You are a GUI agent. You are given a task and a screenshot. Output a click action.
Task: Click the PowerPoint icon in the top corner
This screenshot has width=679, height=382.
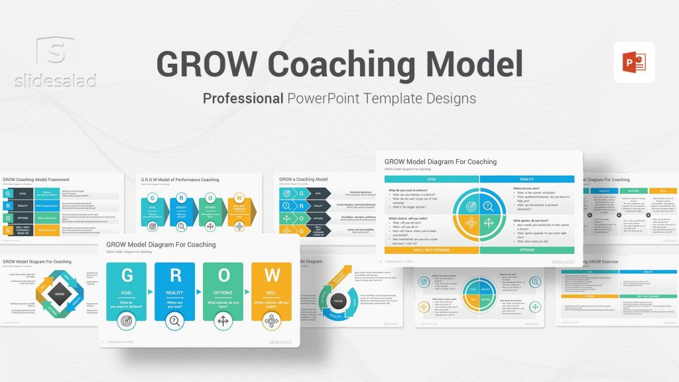[x=634, y=62]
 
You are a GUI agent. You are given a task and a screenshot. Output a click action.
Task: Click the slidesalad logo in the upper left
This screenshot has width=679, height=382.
[x=56, y=63]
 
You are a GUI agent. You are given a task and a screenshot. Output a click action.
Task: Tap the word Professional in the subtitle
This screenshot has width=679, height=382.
[x=243, y=98]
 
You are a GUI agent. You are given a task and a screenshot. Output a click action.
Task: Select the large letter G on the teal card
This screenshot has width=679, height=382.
[x=127, y=275]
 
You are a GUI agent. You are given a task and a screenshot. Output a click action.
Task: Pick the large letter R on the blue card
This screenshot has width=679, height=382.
[x=175, y=275]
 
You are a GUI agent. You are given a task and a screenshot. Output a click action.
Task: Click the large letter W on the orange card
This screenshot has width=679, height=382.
[x=271, y=275]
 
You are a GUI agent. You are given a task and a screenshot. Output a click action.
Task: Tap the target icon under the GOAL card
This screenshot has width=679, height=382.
[x=127, y=322]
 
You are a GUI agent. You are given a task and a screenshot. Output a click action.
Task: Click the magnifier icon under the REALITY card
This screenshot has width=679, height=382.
[x=175, y=322]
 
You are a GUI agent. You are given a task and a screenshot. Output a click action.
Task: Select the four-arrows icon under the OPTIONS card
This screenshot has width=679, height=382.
[x=223, y=322]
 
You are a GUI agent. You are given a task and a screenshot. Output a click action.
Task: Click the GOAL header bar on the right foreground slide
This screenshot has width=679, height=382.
[x=432, y=179]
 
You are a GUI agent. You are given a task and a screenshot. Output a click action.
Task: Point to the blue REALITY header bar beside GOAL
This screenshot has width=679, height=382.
[x=527, y=179]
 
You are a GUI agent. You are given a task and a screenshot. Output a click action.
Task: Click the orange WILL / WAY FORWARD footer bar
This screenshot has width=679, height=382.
[x=432, y=250]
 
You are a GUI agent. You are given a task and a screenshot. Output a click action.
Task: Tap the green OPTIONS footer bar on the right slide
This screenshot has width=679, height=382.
[x=527, y=250]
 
